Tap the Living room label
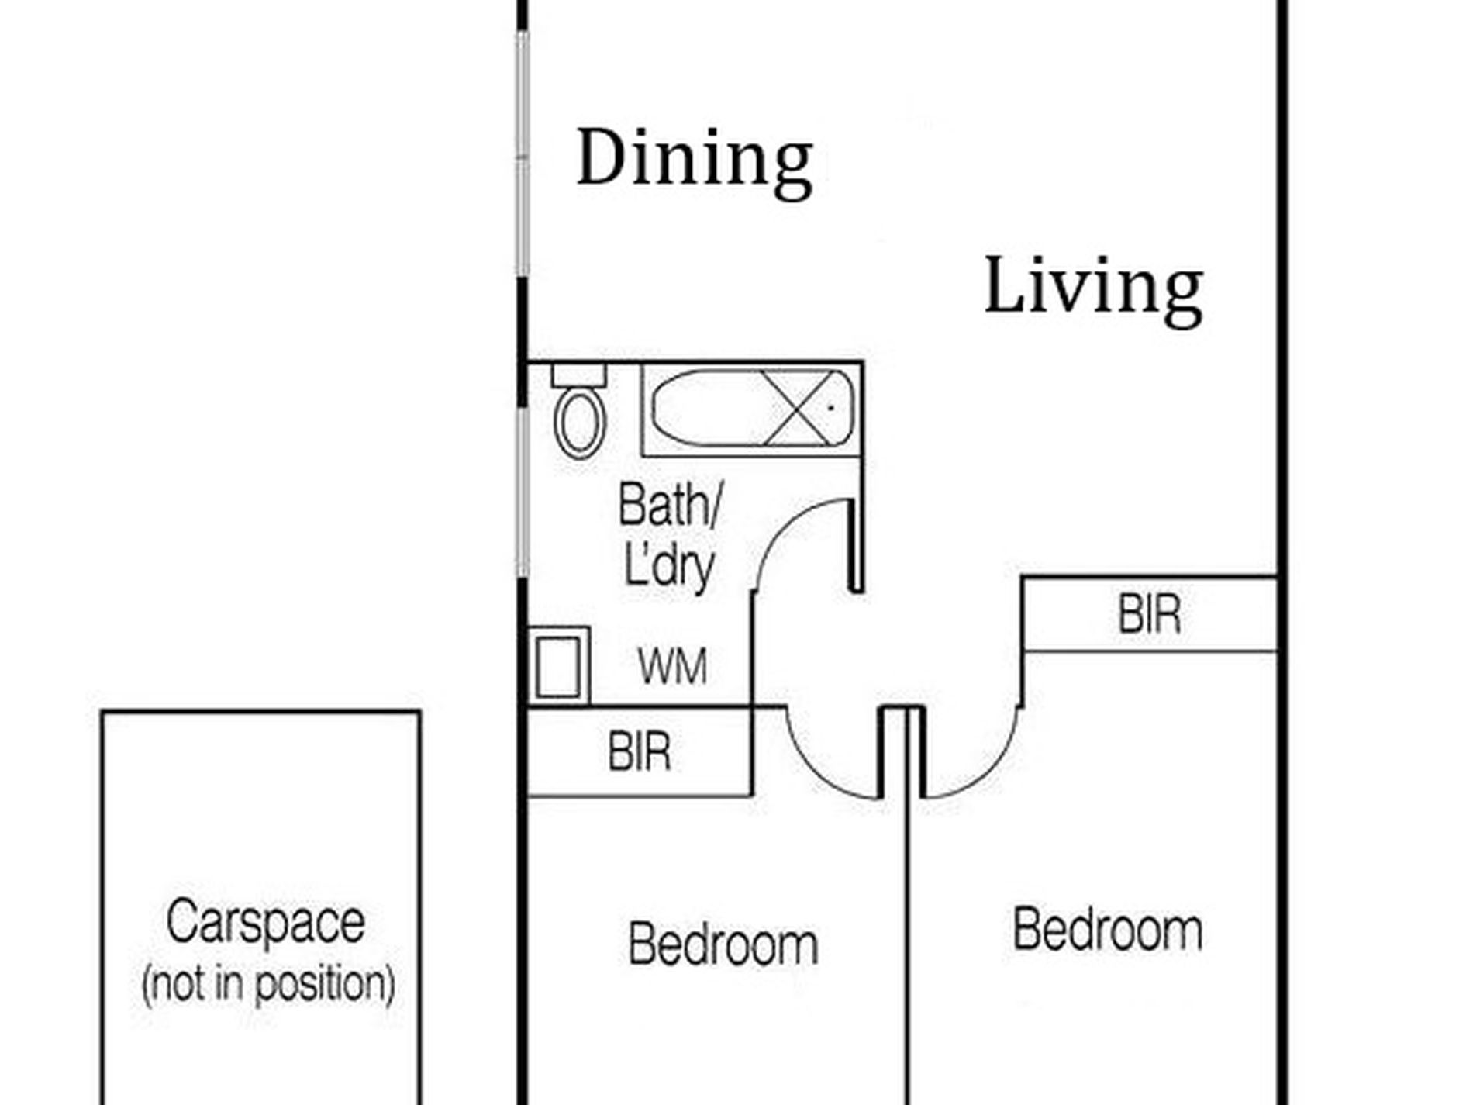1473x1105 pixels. pyautogui.click(x=1093, y=290)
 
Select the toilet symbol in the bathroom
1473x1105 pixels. pyautogui.click(x=579, y=412)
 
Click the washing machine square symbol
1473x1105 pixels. pyautogui.click(x=559, y=666)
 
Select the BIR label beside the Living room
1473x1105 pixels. pyautogui.click(x=1150, y=615)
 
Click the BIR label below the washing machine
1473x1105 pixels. pyautogui.click(x=640, y=751)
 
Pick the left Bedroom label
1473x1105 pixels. pyautogui.click(x=723, y=944)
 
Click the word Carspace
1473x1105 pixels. pyautogui.click(x=265, y=922)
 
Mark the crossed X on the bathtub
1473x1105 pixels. pyautogui.click(x=802, y=408)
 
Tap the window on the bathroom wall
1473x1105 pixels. pyautogui.click(x=523, y=492)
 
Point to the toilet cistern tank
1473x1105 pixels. pyautogui.click(x=578, y=375)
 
